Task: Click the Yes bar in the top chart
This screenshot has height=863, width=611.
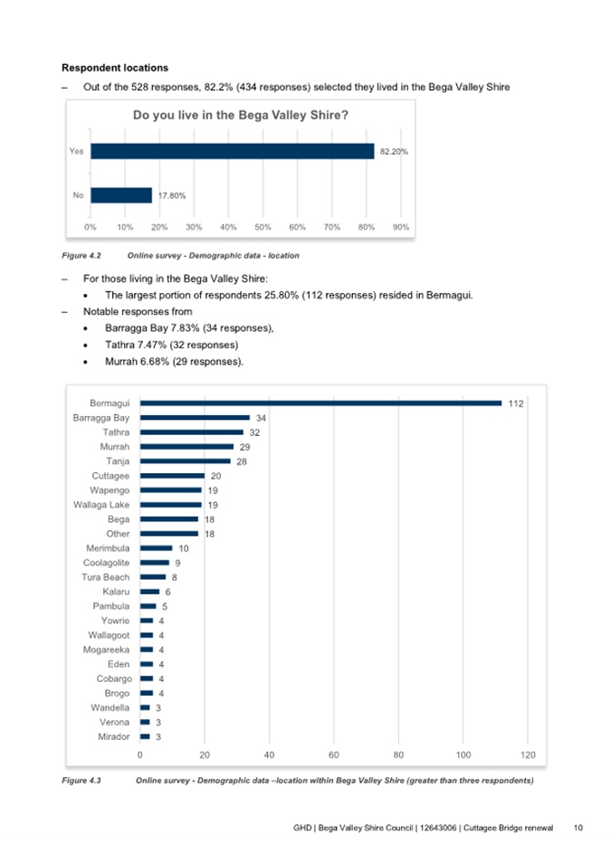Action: (232, 151)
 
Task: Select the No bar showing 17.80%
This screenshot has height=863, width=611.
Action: (120, 194)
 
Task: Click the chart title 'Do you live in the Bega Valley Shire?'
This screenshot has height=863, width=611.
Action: (242, 115)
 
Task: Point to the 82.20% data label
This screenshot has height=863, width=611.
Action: (394, 152)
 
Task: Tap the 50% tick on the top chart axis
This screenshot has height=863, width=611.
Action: (263, 226)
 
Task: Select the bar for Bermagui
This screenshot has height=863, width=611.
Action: (320, 403)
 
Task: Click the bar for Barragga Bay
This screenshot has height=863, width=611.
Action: (195, 418)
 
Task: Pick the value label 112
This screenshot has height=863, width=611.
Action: (516, 403)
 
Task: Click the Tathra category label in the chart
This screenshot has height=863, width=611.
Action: (116, 432)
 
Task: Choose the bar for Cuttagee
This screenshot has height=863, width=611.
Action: (172, 476)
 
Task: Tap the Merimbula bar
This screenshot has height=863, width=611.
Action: (156, 548)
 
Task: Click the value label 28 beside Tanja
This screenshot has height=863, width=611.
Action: (242, 461)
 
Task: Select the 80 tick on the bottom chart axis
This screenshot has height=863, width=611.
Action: (398, 754)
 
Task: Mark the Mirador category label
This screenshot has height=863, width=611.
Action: (114, 736)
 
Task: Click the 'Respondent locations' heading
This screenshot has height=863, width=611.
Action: (114, 68)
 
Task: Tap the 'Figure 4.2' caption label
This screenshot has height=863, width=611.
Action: (81, 256)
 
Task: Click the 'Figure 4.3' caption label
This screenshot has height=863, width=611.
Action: (81, 780)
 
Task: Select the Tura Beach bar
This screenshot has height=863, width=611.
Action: (153, 577)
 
